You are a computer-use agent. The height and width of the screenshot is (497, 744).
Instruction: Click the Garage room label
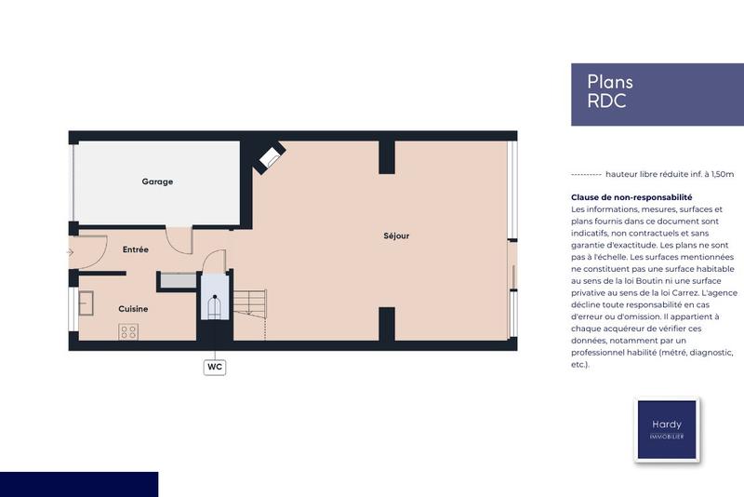(157, 181)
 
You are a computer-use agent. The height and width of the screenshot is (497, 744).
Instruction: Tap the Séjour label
(396, 235)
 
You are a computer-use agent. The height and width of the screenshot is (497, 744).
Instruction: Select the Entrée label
(136, 249)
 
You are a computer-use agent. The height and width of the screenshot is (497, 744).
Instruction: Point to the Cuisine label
(133, 308)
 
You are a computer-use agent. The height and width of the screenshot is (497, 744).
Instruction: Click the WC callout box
(215, 367)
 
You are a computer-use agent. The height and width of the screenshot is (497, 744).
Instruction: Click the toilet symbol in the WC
(215, 307)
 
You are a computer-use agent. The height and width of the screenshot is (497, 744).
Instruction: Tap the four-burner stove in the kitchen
(128, 331)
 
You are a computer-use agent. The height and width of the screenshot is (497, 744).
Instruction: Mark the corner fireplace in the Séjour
(268, 157)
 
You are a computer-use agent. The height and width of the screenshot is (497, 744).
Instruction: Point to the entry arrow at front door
(71, 251)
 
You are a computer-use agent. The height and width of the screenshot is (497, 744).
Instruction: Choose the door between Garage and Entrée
(179, 240)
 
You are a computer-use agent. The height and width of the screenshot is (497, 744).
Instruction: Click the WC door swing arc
(214, 262)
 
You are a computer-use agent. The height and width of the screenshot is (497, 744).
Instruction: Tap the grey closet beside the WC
(177, 280)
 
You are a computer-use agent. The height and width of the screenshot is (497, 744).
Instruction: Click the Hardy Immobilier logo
(667, 430)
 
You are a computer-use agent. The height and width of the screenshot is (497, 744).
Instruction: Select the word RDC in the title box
(606, 101)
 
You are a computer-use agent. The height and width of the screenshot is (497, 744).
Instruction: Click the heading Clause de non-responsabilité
(631, 197)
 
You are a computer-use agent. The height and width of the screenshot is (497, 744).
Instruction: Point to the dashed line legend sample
(585, 174)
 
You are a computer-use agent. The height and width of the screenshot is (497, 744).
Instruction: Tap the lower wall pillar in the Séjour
(386, 325)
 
